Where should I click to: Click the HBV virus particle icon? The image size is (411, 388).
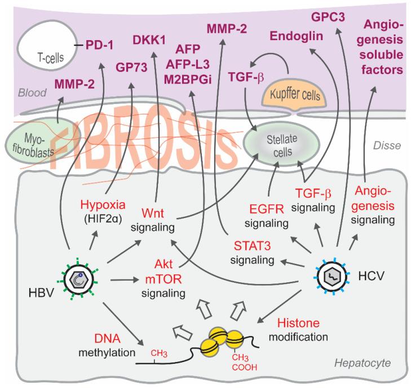pyautogui.click(x=78, y=280)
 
